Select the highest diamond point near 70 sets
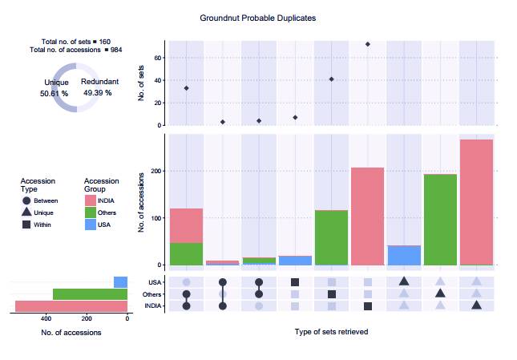368,44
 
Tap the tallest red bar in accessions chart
476,201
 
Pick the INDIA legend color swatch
91,200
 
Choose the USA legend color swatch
91,225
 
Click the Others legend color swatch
91,212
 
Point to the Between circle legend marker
26,200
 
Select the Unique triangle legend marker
26,212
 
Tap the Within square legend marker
26,225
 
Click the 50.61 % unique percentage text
55,93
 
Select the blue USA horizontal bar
120,282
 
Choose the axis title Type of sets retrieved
331,331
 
